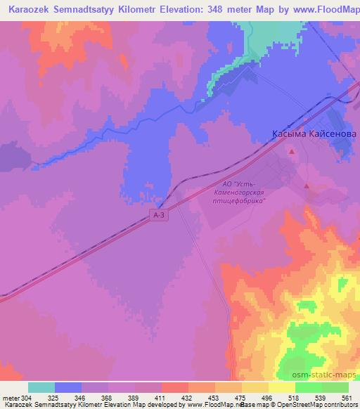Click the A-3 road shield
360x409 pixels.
pos(160,217)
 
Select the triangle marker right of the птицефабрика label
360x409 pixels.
pos(307,186)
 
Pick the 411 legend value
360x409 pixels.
pos(160,398)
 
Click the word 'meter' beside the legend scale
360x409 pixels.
pos(11,398)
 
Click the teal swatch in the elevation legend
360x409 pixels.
pos(42,387)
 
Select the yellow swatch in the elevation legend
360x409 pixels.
pos(281,387)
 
